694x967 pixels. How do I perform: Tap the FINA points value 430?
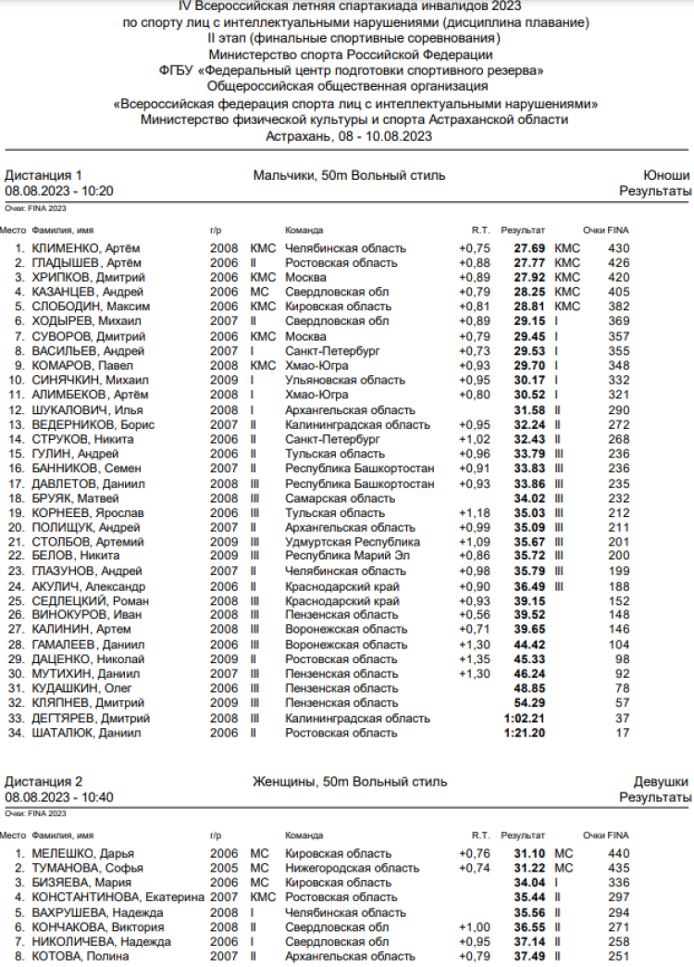coord(618,248)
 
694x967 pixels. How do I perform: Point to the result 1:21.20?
coord(525,733)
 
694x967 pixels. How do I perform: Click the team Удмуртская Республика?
coord(353,542)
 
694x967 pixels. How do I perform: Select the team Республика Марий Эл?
coord(347,556)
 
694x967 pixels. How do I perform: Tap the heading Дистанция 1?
coord(43,175)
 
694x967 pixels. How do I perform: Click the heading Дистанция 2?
coord(43,782)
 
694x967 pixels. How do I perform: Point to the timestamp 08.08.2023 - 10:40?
coord(59,797)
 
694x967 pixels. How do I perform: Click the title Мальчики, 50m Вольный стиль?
coord(349,175)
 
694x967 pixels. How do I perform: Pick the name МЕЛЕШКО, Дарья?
coord(83,853)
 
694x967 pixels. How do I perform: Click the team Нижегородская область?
coord(352,868)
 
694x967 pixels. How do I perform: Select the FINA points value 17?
coord(623,733)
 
